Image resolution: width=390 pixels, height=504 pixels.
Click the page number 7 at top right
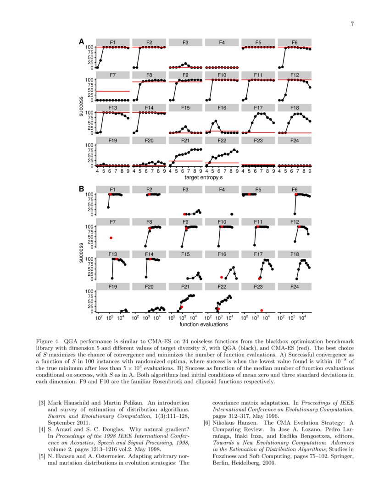point(352,24)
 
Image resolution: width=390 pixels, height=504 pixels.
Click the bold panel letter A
point(82,42)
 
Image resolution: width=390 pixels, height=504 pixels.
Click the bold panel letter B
point(82,188)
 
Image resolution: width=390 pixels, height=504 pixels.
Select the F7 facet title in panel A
point(112,75)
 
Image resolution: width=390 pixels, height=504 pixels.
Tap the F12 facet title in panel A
point(295,75)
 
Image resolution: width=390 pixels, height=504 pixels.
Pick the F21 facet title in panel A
point(185,141)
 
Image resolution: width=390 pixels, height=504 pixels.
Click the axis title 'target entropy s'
point(203,177)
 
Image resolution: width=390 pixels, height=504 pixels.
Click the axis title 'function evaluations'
point(203,324)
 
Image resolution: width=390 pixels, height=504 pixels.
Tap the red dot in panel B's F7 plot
point(111,238)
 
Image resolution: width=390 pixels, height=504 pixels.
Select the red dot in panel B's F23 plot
point(262,311)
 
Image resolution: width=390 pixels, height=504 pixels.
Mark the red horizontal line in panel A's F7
point(112,91)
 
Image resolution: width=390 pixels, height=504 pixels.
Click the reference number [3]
point(42,403)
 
